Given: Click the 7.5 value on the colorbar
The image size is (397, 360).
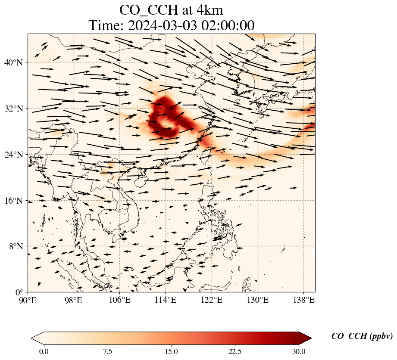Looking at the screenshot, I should (x=107, y=351).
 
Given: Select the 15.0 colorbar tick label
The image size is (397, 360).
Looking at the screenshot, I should (x=171, y=351).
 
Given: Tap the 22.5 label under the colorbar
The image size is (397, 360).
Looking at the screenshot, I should (x=235, y=351).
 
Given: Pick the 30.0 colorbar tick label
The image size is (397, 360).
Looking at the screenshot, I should (x=299, y=351).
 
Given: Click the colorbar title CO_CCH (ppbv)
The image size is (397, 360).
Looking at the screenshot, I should (x=362, y=336).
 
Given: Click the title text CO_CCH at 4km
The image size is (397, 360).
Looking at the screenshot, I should (x=171, y=10).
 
